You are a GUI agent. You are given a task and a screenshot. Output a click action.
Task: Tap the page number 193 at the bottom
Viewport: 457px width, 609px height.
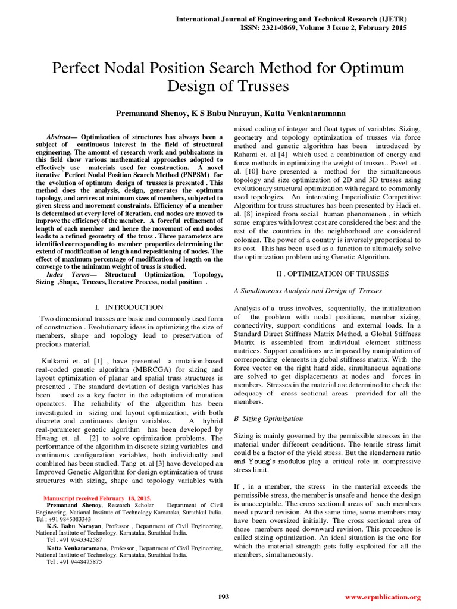(224, 597)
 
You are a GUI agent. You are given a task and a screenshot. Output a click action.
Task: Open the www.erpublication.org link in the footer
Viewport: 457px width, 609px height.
(383, 597)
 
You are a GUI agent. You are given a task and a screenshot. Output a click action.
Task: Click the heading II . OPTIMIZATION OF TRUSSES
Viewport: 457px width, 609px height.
(333, 274)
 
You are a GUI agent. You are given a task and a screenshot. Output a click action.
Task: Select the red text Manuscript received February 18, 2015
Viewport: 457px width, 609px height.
(98, 498)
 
